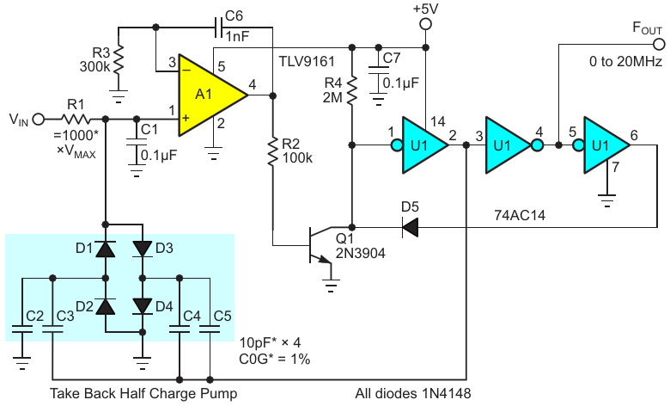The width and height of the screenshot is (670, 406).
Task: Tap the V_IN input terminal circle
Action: point(39,120)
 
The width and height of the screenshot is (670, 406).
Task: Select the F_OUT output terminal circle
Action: point(660,44)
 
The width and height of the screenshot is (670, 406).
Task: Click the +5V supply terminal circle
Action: point(425,24)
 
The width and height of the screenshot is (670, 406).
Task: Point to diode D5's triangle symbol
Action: point(410,227)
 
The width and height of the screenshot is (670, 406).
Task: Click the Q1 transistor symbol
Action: point(320,244)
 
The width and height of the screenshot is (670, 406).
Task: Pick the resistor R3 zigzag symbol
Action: point(119,59)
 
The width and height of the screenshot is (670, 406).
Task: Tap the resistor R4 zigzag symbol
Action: point(351,90)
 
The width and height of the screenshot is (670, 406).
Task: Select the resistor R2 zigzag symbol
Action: point(272,151)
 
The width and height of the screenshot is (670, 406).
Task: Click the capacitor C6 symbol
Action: point(219,28)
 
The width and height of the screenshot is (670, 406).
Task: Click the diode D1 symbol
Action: point(106,249)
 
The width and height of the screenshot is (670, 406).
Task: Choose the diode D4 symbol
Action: point(143,306)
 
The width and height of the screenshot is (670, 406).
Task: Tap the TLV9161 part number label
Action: point(307,62)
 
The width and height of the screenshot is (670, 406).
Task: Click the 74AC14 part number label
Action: point(520,215)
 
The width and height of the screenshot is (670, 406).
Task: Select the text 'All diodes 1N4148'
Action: point(413,393)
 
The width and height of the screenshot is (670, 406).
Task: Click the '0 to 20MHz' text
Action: point(625,62)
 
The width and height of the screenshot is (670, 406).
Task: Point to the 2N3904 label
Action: point(360,253)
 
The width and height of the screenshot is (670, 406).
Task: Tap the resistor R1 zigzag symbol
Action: point(76,120)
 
